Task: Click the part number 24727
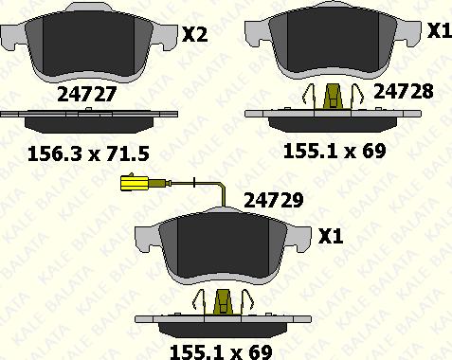[x=87, y=94]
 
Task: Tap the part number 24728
[x=404, y=91]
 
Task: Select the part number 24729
[x=274, y=200]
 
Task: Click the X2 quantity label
[x=195, y=34]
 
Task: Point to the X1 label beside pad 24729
[x=331, y=236]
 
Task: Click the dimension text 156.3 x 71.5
[x=88, y=154]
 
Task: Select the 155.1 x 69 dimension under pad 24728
[x=334, y=151]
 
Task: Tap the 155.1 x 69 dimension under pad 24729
[x=221, y=351]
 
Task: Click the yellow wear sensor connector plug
[x=135, y=183]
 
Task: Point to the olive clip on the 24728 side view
[x=334, y=97]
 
